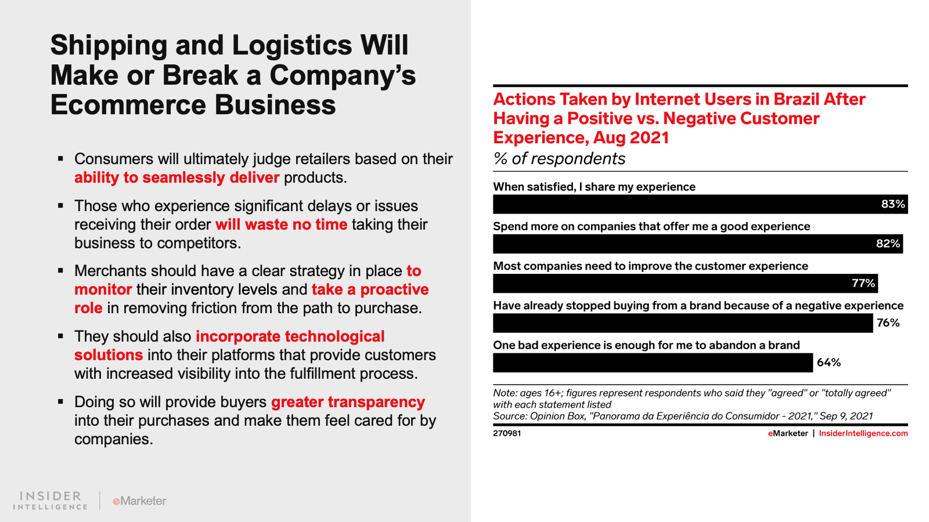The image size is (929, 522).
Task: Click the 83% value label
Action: pyautogui.click(x=893, y=204)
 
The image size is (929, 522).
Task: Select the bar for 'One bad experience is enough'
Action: pyautogui.click(x=653, y=362)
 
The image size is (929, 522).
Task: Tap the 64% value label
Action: pyautogui.click(x=829, y=362)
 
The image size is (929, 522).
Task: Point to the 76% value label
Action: pyautogui.click(x=888, y=322)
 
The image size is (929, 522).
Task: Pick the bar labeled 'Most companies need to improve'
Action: pyautogui.click(x=685, y=284)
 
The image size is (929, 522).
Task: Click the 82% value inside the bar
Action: pyautogui.click(x=888, y=244)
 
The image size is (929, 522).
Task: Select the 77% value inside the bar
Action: pyautogui.click(x=863, y=284)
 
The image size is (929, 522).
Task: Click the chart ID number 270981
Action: pyautogui.click(x=507, y=433)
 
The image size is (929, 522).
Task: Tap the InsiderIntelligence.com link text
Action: pyautogui.click(x=863, y=433)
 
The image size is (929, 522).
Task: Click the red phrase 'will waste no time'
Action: pyautogui.click(x=281, y=224)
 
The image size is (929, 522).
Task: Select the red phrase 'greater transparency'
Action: pyautogui.click(x=348, y=403)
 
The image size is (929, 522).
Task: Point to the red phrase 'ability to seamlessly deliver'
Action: pyautogui.click(x=177, y=177)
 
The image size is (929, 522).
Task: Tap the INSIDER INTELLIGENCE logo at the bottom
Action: pyautogui.click(x=50, y=501)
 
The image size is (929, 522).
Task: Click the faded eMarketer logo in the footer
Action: pyautogui.click(x=139, y=501)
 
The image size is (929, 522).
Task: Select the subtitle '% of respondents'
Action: pyautogui.click(x=559, y=159)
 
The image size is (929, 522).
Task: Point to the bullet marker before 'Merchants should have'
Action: pyautogui.click(x=60, y=271)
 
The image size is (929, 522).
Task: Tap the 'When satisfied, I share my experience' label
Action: pyautogui.click(x=594, y=187)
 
